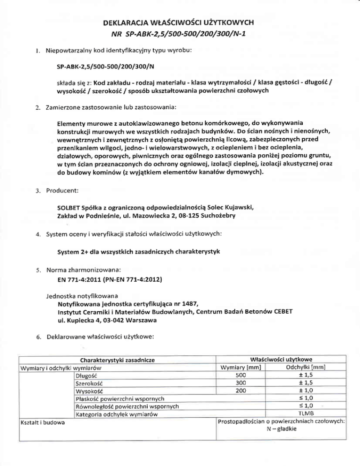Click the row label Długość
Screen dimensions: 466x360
[86, 375]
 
